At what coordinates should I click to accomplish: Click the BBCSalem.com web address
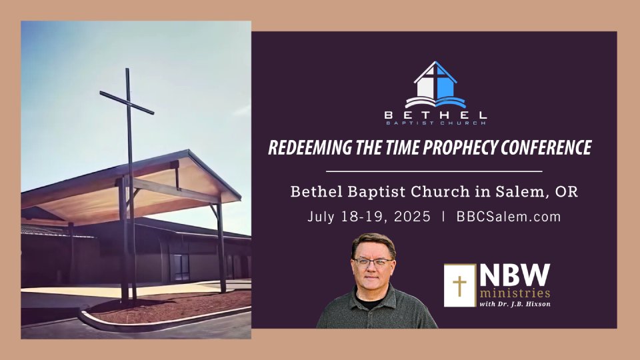[x=509, y=216]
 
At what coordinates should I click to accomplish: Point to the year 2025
[x=412, y=216]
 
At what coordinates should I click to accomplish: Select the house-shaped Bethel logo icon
[x=435, y=85]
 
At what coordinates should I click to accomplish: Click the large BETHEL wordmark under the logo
[x=435, y=115]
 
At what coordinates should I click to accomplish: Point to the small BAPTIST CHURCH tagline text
[x=435, y=123]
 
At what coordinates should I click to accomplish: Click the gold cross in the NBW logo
[x=459, y=285]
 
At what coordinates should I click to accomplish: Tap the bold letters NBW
[x=515, y=275]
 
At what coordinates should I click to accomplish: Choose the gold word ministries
[x=515, y=293]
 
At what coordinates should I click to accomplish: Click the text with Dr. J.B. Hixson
[x=515, y=304]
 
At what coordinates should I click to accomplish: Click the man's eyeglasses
[x=372, y=262]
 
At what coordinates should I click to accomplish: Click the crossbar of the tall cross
[x=127, y=103]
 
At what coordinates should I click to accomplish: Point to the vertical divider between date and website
[x=443, y=216]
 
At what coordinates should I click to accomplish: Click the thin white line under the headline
[x=434, y=171]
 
